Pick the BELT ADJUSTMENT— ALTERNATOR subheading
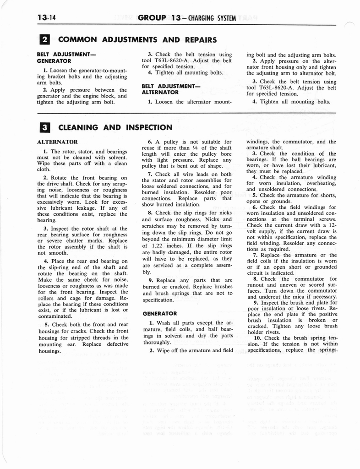coord(165,89)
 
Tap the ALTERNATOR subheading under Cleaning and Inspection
coord(57,142)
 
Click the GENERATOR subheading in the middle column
coord(159,314)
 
